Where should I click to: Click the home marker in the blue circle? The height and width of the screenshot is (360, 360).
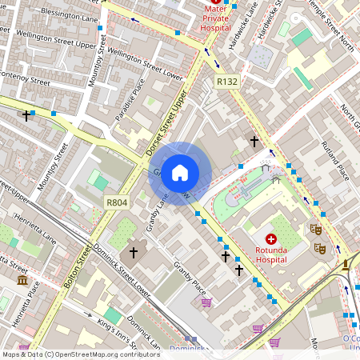click(x=180, y=172)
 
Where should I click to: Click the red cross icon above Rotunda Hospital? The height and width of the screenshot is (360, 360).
click(x=270, y=239)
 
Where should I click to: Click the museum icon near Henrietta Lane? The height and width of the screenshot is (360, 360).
click(x=22, y=281)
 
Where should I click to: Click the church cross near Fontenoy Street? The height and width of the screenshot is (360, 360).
click(x=26, y=116)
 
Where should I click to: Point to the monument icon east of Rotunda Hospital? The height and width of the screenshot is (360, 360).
click(x=346, y=265)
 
